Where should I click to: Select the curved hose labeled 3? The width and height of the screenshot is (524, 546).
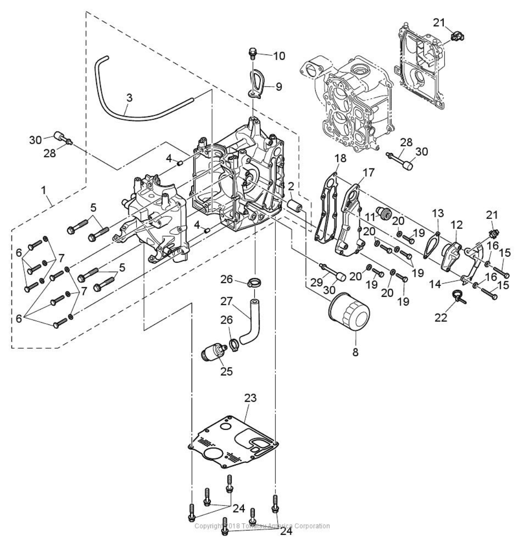[x=132, y=115]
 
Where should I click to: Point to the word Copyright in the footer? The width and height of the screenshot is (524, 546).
[x=208, y=526]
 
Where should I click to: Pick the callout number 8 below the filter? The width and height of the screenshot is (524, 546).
[x=355, y=352]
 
